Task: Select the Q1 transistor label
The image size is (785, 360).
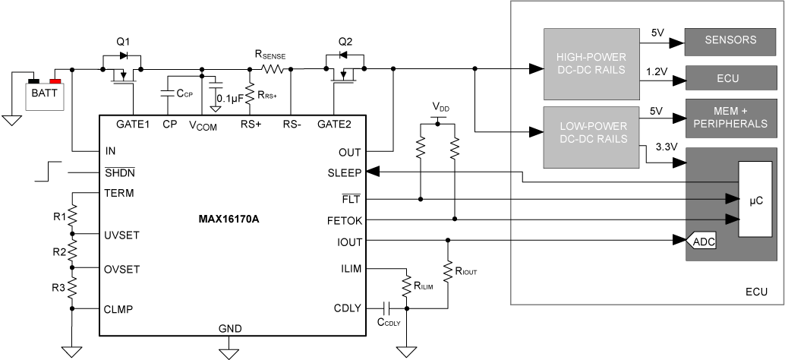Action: (124, 42)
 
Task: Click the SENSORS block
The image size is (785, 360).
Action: (730, 39)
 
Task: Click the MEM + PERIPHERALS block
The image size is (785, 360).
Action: (730, 117)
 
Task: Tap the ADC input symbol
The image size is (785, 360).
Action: (700, 242)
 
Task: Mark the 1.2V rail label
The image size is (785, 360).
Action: (657, 71)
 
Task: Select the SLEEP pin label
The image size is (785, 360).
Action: (345, 172)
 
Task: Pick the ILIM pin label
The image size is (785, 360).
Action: (350, 269)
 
